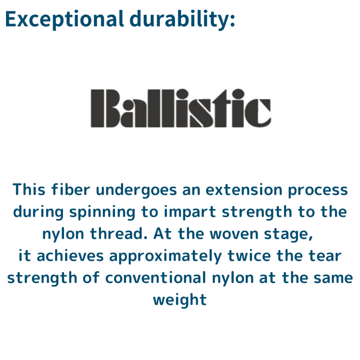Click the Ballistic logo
[181, 108]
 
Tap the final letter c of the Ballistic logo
[258, 113]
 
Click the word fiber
[71, 189]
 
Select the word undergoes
[136, 191]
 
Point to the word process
[318, 191]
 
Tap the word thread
[118, 234]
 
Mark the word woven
[234, 234]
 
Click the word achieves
[70, 256]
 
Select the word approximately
[166, 257]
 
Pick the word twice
[249, 256]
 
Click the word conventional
[156, 278]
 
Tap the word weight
[180, 300]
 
